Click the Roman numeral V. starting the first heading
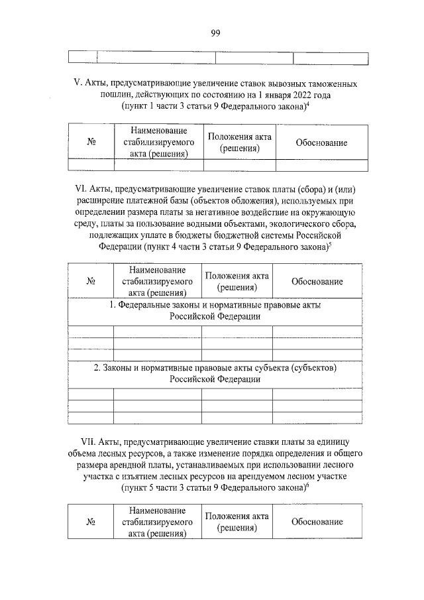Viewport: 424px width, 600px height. [77, 85]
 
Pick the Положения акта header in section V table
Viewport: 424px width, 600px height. [239, 143]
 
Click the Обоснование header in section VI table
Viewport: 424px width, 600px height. [317, 282]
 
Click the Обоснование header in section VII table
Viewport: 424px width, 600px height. [317, 522]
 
